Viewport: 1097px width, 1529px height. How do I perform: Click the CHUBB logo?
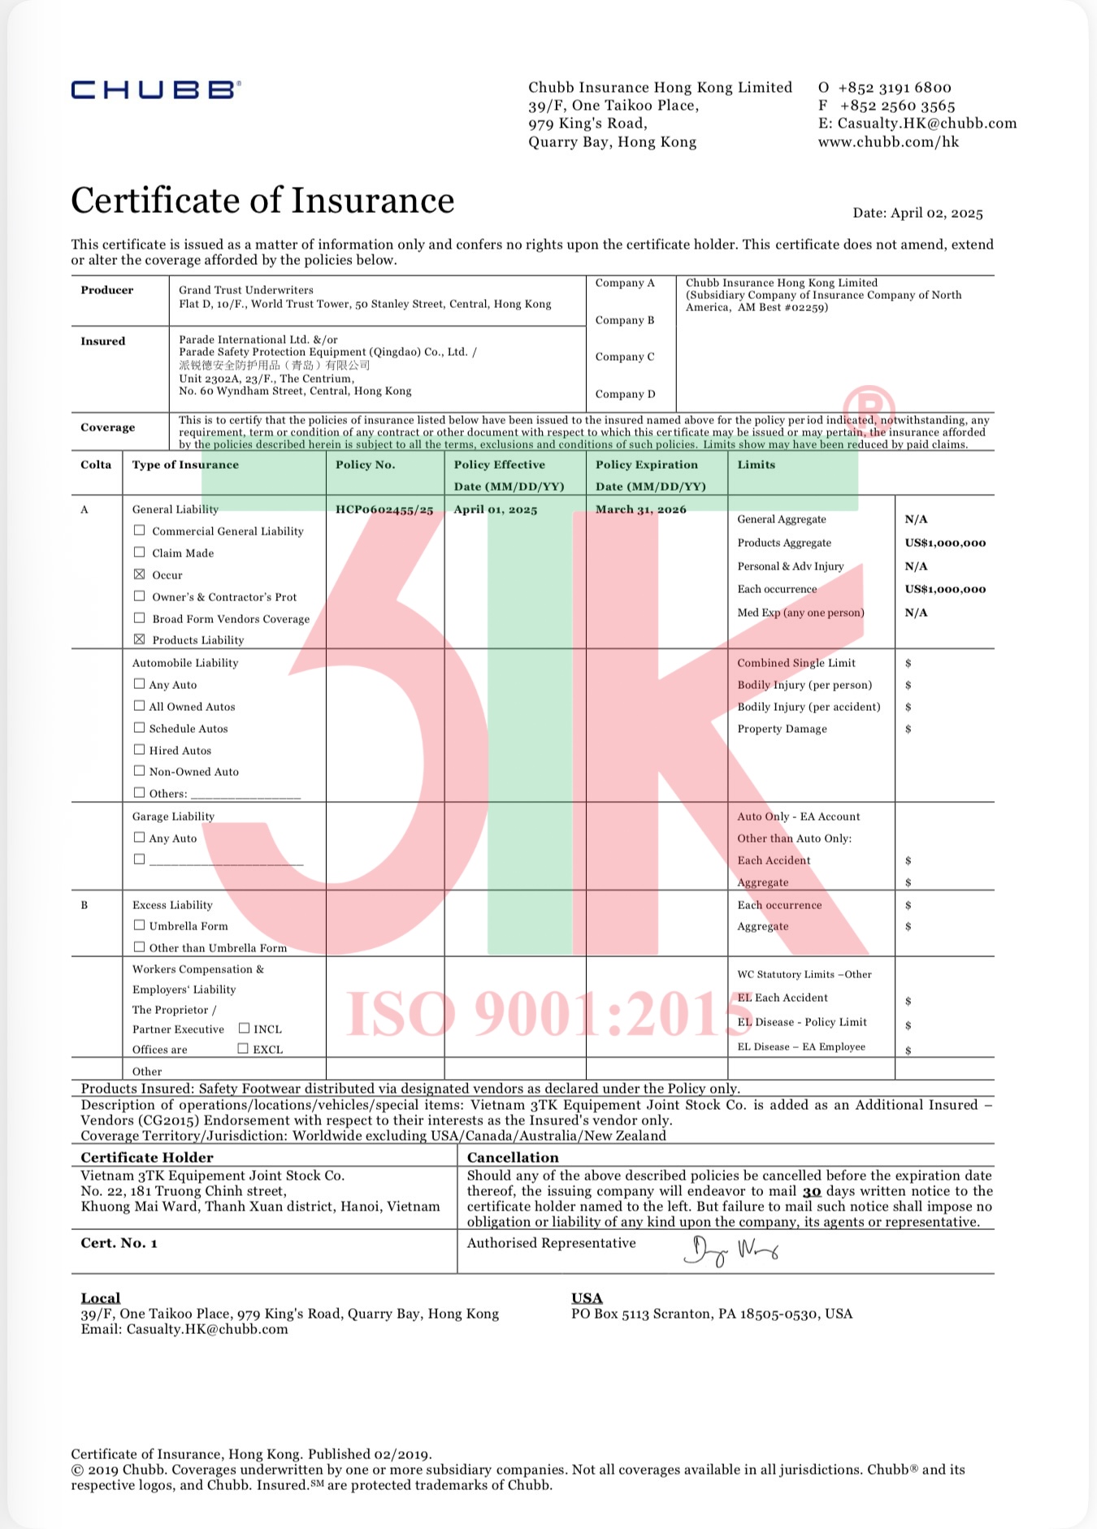point(155,89)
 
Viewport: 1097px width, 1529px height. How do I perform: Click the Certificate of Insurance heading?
point(262,201)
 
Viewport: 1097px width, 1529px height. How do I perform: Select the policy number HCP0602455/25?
point(384,509)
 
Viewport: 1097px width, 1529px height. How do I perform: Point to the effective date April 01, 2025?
point(496,509)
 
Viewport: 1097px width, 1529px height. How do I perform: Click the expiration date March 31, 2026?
point(640,509)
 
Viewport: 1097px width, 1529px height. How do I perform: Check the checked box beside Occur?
point(140,574)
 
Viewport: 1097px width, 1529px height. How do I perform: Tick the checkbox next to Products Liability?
point(140,639)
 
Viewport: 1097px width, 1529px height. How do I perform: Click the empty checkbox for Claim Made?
point(140,552)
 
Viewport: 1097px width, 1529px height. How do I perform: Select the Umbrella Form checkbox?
point(140,925)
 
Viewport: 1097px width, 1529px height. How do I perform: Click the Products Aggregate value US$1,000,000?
point(945,543)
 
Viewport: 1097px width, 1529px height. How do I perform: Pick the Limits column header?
point(756,465)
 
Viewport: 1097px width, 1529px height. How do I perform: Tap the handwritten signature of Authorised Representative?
point(731,1251)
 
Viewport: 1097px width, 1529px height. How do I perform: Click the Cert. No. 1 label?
point(119,1243)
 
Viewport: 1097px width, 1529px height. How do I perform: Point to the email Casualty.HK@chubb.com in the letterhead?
point(926,123)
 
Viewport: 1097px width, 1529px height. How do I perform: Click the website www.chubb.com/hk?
point(888,142)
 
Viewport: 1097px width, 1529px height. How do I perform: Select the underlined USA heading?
point(587,1298)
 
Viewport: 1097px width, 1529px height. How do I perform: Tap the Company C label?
point(624,357)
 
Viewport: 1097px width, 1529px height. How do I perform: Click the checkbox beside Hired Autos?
point(140,750)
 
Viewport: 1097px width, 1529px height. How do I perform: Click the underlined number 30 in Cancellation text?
point(812,1191)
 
